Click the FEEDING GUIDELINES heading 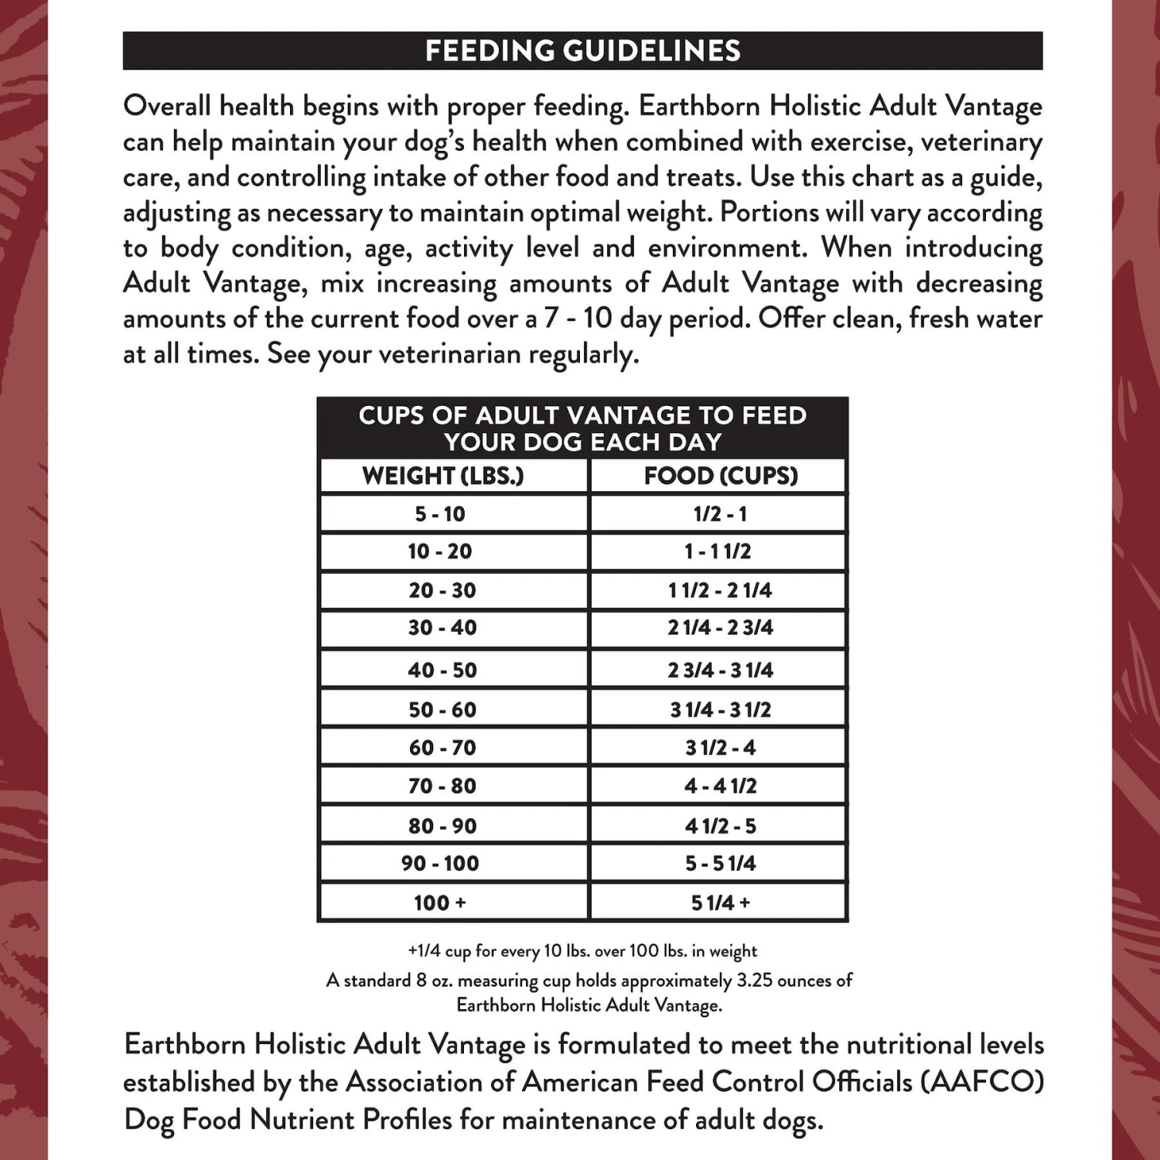pos(582,51)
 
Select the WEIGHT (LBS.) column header pos(443,476)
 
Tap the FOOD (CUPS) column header pos(721,476)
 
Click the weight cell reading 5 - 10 pos(440,513)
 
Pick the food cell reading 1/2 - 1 pos(720,513)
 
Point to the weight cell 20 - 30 pos(442,590)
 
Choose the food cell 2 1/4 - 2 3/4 pos(720,627)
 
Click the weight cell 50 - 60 pos(442,709)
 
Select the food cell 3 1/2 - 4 pos(720,748)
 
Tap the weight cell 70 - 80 pos(442,786)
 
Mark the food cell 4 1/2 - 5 pos(720,826)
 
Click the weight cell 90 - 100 pos(440,863)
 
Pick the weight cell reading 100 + pos(440,902)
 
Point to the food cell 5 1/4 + pos(720,902)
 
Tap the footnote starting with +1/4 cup pos(582,951)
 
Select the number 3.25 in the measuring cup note pos(757,981)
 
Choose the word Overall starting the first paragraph pos(166,106)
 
